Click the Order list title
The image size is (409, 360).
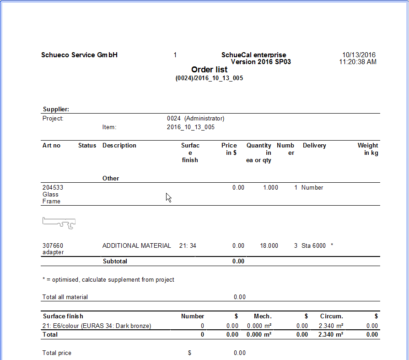click(x=209, y=70)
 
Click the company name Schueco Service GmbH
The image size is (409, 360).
click(x=79, y=55)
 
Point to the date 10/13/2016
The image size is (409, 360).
click(x=359, y=55)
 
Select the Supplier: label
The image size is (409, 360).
click(x=56, y=109)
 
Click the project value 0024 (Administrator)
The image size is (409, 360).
click(x=195, y=118)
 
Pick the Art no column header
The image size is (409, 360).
click(x=51, y=146)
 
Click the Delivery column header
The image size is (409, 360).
click(x=314, y=146)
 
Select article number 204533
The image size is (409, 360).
click(x=53, y=188)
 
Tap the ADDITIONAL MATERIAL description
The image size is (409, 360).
click(x=136, y=246)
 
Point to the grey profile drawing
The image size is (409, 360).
click(x=59, y=223)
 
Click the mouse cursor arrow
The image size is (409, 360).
click(x=168, y=197)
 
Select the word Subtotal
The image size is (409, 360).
click(x=115, y=262)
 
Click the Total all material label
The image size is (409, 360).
click(x=65, y=297)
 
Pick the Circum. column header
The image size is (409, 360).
click(x=331, y=316)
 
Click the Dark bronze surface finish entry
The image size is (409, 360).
click(x=97, y=326)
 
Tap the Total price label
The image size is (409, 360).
click(x=57, y=353)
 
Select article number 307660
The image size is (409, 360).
click(x=53, y=246)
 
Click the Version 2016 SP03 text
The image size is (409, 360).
click(x=261, y=62)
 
